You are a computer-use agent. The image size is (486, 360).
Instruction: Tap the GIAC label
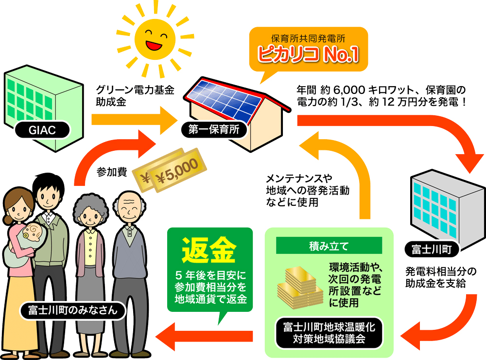(42, 129)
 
